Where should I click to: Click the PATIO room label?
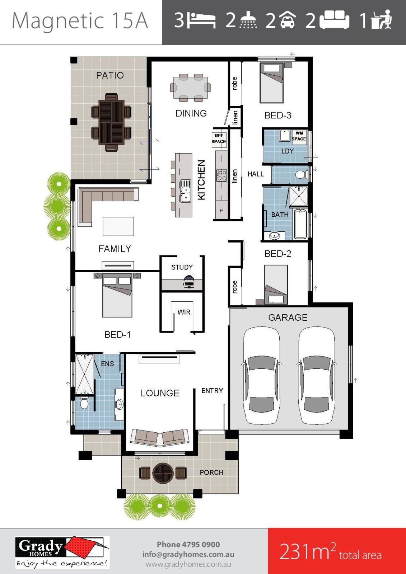(110, 75)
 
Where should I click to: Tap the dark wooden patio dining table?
(111, 122)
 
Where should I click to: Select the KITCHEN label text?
(201, 180)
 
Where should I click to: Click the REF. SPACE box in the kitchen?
(219, 140)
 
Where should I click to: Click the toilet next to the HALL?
(301, 175)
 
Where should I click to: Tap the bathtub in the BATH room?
(300, 224)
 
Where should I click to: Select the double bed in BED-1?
(117, 295)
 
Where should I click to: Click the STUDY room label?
(182, 267)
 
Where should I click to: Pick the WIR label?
(184, 312)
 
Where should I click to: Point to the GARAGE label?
(288, 317)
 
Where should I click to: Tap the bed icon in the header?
(201, 20)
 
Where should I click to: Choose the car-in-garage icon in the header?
(287, 19)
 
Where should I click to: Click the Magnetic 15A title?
(80, 20)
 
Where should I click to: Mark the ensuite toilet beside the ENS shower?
(84, 404)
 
